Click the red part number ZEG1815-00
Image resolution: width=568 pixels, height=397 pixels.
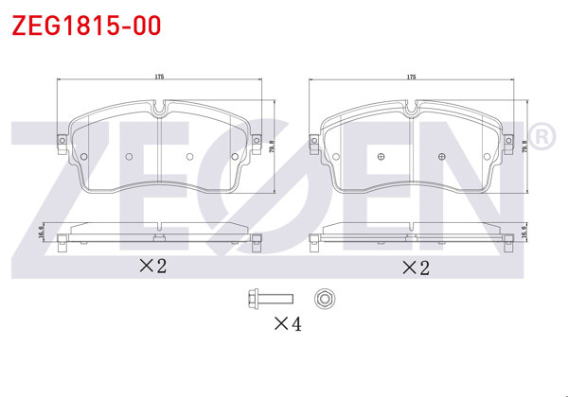(86, 26)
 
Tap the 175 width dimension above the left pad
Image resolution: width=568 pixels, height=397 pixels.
(159, 77)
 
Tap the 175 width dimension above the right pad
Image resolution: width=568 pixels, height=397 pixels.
(411, 77)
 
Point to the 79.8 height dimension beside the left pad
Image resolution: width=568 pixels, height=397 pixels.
(272, 147)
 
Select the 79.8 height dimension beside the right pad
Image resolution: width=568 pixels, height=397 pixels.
(524, 147)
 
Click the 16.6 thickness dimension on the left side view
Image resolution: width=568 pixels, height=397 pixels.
(41, 232)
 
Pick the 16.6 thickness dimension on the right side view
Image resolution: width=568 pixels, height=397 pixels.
(524, 232)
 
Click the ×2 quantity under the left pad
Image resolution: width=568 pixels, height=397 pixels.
(152, 266)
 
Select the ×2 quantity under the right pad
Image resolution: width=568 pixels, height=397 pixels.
(416, 268)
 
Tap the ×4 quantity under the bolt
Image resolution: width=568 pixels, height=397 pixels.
(288, 323)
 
